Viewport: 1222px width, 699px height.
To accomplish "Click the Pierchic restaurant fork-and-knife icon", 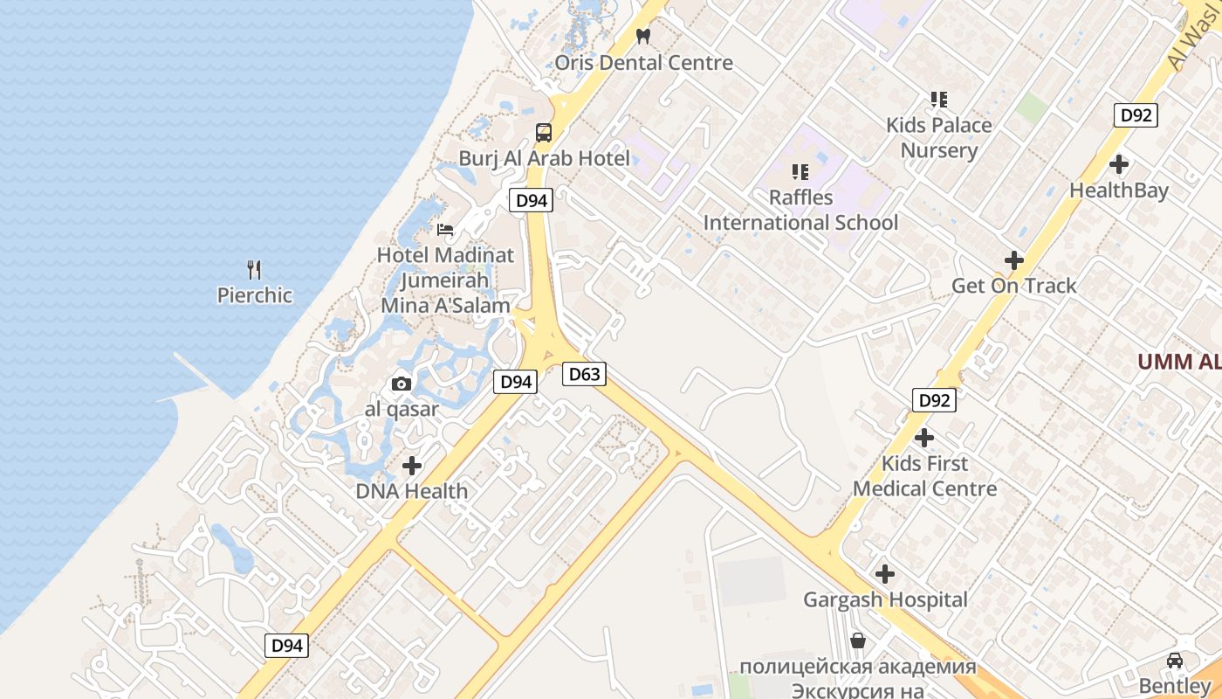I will coord(254,269).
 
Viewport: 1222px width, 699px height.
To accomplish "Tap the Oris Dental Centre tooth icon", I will coord(644,37).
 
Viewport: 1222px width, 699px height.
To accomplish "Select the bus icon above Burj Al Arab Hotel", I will coord(544,133).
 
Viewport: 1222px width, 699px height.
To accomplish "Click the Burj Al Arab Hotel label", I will coord(545,159).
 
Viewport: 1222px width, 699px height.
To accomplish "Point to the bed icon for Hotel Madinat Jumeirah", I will coord(445,230).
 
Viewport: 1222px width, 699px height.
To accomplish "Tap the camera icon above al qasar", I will coord(402,384).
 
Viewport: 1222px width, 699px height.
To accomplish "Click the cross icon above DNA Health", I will coord(412,466).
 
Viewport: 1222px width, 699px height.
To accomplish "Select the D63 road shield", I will coord(584,375).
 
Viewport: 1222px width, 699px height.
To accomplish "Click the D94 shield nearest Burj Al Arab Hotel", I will coord(531,200).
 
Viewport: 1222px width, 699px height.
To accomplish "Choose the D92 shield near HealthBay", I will coord(1136,115).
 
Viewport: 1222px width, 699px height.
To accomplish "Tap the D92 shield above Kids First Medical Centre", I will coord(935,401).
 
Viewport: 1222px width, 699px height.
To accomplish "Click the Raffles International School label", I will coord(800,211).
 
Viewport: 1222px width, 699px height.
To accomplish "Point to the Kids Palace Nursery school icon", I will coord(939,100).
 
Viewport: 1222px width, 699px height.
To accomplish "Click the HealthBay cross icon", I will coord(1119,164).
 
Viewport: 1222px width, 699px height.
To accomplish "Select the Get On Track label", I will coord(1013,286).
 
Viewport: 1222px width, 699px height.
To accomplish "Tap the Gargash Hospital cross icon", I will coord(885,574).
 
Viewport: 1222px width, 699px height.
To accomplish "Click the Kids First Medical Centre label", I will coord(924,476).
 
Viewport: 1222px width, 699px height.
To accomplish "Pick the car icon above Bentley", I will coord(1175,660).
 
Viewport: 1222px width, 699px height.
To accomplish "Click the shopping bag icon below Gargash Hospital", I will coord(858,640).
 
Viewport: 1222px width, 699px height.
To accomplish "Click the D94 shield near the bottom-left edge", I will coord(286,646).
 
